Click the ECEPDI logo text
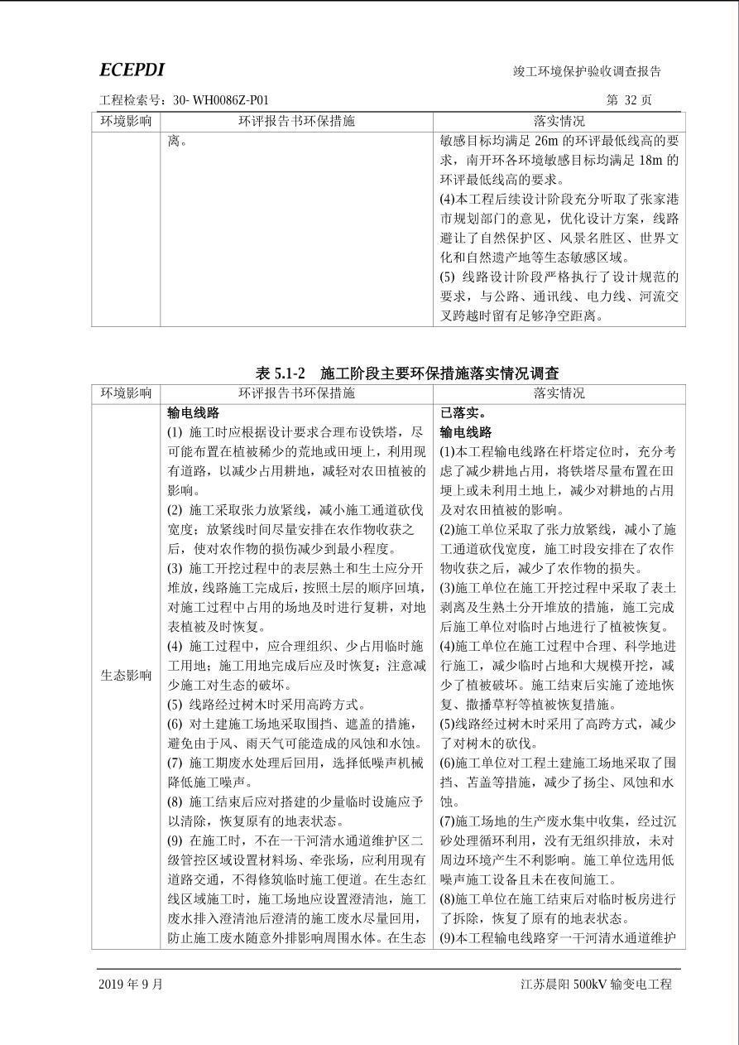pos(132,70)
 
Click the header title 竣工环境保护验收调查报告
pos(587,72)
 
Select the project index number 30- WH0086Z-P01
pos(221,100)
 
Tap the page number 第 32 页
pos(628,100)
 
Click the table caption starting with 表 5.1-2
pos(406,373)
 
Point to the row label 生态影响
pos(126,675)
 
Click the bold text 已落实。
pos(463,412)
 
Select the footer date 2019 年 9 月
pos(131,985)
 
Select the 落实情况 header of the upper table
pos(559,121)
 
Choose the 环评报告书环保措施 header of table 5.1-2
pos(296,393)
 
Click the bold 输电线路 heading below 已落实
pos(465,432)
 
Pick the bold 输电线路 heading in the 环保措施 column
pos(193,412)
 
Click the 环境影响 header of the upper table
pos(126,121)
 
